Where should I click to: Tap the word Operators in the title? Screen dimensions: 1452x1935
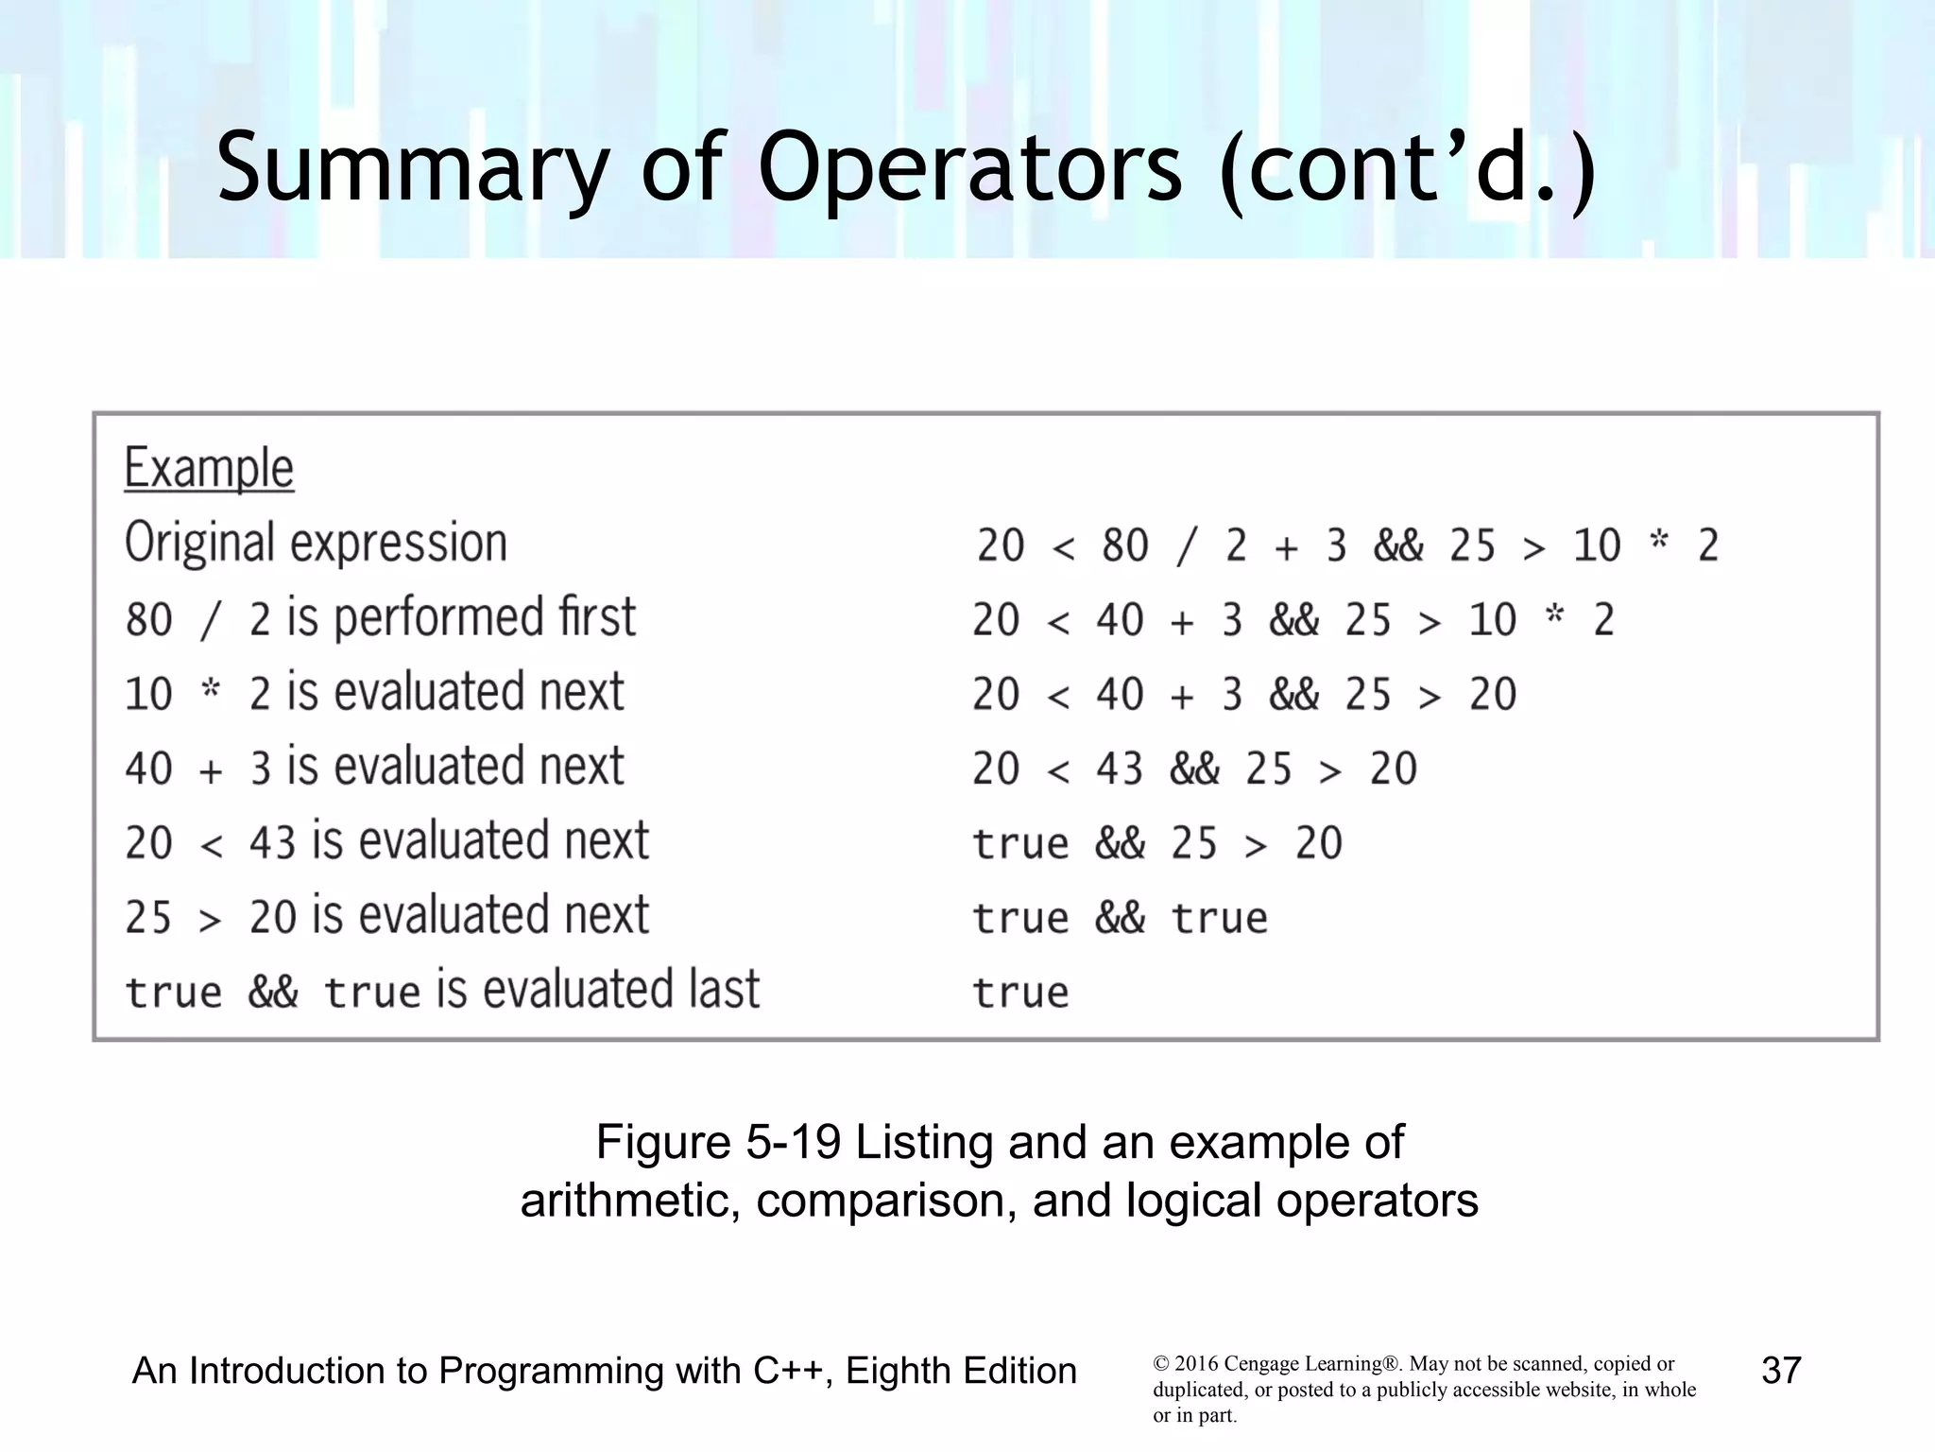969,168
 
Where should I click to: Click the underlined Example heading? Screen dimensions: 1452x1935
209,468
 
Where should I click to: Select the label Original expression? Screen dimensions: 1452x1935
316,543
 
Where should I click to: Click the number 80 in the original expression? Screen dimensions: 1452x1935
1124,545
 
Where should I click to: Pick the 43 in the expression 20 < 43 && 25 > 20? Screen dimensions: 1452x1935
1120,769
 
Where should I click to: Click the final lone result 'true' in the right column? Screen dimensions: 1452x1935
1020,993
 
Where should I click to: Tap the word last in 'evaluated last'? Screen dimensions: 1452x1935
723,990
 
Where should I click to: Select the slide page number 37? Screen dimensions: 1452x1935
1781,1371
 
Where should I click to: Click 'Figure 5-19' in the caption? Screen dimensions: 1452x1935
718,1142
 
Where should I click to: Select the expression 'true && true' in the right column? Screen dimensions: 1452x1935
1120,918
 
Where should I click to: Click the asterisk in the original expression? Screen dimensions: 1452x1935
1658,543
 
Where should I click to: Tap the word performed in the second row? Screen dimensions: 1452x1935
438,617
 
